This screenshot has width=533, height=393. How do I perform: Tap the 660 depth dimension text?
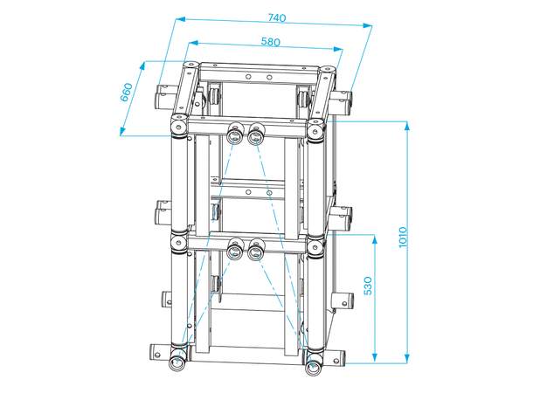[126, 92]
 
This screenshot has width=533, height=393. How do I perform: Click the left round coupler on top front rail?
[235, 134]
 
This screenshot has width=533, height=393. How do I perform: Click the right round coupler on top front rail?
[256, 134]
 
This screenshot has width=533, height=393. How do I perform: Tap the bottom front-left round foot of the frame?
[177, 363]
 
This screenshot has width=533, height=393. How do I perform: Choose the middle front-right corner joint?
[315, 244]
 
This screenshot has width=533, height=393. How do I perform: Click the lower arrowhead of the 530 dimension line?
[374, 356]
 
